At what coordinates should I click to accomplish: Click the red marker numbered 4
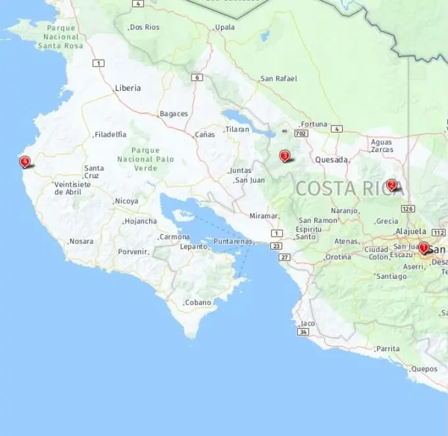point(24,161)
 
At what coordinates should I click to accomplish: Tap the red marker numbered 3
point(284,156)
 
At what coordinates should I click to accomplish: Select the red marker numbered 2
point(391,185)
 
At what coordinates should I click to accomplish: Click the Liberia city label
point(128,87)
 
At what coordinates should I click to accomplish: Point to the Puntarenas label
point(233,241)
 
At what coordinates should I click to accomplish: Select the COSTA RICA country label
point(346,188)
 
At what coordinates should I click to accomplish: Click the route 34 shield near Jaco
point(303,332)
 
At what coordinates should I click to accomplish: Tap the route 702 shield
point(301,133)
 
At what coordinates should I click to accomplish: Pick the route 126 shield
point(409,208)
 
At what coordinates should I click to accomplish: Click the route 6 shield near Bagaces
point(196,78)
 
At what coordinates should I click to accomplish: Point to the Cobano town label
point(197,303)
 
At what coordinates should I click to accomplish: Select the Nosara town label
point(81,241)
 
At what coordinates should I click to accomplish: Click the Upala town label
point(224,27)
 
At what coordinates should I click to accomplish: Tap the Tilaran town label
point(237,130)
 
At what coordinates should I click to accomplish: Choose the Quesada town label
point(331,159)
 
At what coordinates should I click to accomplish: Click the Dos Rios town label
point(145,27)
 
